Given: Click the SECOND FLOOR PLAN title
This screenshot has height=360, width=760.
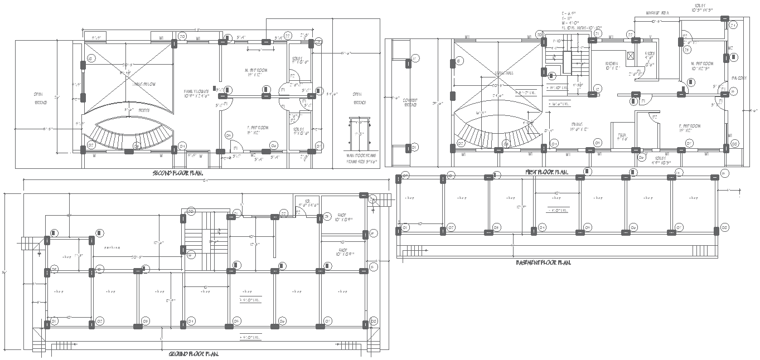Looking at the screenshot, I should point(177,173).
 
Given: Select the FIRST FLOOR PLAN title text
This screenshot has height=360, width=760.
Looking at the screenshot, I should point(546,172).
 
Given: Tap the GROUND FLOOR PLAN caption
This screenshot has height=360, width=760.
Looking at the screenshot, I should point(193,354).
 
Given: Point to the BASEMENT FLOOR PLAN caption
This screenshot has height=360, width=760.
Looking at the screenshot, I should point(543,262).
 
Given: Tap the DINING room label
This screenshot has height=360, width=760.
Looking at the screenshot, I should point(577,127).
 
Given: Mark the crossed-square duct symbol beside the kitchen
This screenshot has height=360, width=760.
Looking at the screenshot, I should point(631,56).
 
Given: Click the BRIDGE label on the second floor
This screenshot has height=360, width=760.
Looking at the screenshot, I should point(128,111).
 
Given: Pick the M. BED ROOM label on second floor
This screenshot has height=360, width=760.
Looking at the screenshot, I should point(256,71).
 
